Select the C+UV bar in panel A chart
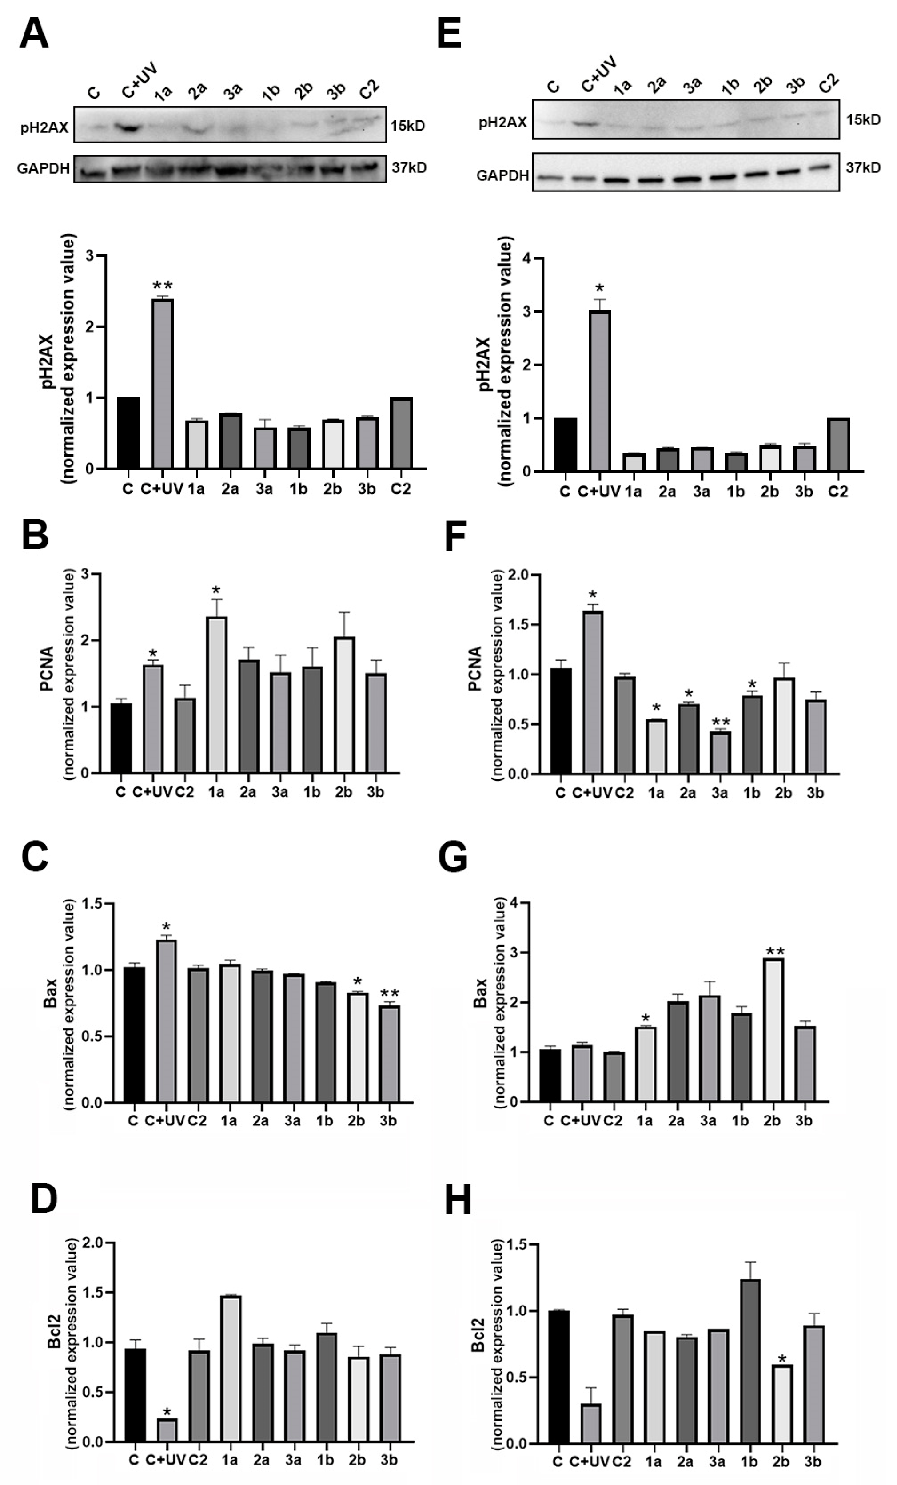tap(162, 383)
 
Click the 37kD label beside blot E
tap(863, 167)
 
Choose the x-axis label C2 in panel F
tap(625, 793)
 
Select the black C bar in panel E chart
tap(565, 444)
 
